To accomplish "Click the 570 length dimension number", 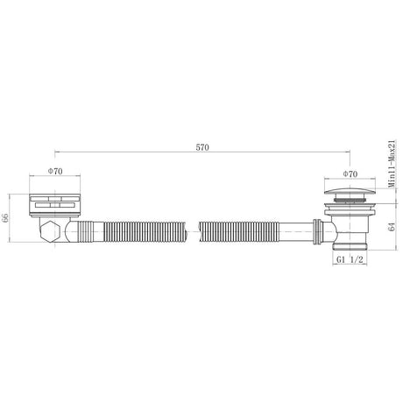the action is (202, 147).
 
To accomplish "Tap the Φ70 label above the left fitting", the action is (55, 171).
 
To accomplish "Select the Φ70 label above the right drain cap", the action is (350, 174).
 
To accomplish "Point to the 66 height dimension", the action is (5, 218).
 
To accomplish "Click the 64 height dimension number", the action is (392, 226).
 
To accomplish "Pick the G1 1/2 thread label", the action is (350, 259).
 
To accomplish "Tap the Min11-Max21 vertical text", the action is (392, 164).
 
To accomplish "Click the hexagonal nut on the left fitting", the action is (51, 231).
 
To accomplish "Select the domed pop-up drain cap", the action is (350, 193).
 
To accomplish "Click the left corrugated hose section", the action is (145, 231).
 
